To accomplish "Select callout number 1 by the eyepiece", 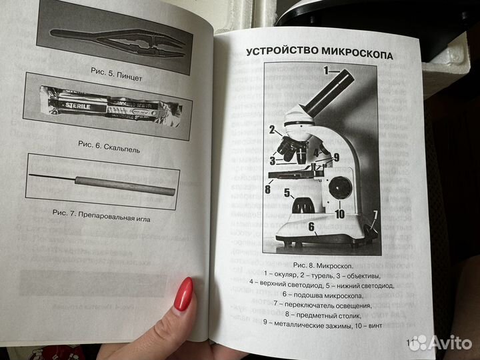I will click(327, 69).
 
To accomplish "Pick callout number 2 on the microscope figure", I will click(272, 129).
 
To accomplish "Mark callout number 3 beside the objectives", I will click(273, 160).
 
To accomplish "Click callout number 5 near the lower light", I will click(287, 193).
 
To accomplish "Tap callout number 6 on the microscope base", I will click(311, 227).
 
